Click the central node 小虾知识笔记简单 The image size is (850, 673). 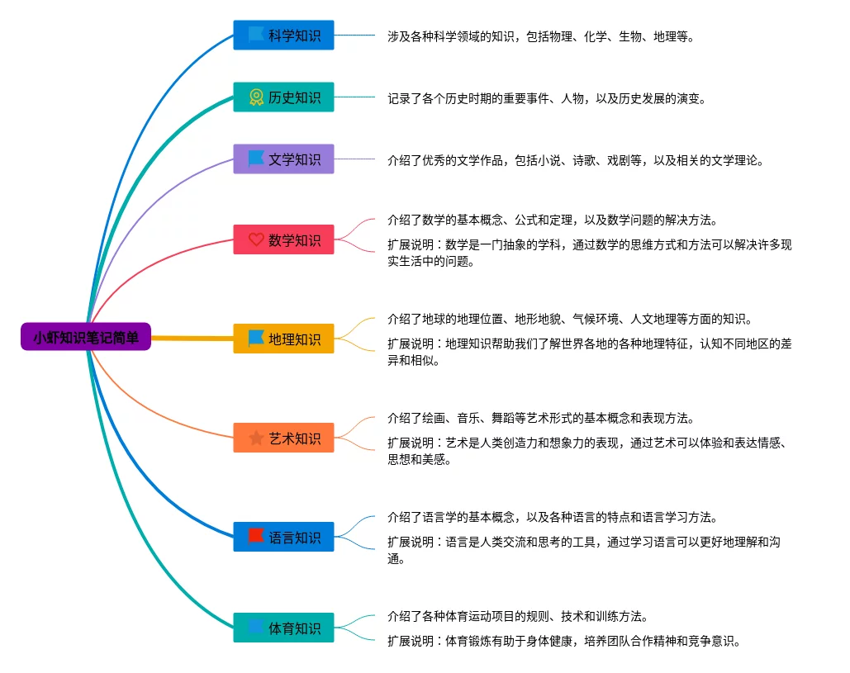coord(86,337)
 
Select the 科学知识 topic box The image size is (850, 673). coord(283,36)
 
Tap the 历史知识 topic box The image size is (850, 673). coord(283,97)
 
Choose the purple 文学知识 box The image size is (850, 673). coord(283,159)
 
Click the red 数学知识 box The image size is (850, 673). coord(283,239)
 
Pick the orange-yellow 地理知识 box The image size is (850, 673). coord(283,339)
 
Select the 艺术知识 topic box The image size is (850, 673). coord(283,438)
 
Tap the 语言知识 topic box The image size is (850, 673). coord(283,537)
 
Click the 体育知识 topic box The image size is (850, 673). coord(283,628)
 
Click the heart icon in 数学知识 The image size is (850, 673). coord(256,239)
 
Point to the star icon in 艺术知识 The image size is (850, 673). coord(256,438)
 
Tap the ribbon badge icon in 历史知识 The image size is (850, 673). coord(256,97)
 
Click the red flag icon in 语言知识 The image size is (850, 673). coord(256,536)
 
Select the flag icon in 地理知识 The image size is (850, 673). coord(256,338)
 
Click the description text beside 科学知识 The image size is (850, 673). coord(541,36)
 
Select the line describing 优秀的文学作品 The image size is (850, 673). coord(576,160)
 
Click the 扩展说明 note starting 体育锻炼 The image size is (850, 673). coord(564,641)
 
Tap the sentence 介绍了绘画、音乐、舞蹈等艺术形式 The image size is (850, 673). coord(541,418)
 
